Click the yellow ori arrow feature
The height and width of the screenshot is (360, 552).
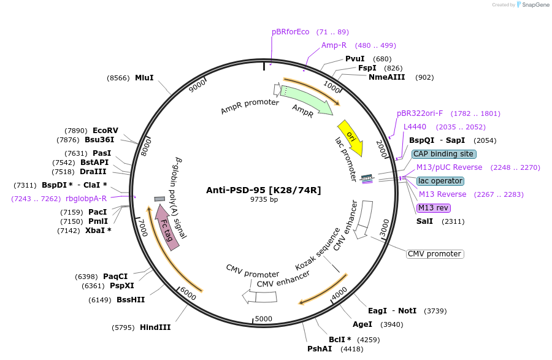pos(351,137)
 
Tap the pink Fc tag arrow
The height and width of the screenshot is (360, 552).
pos(167,227)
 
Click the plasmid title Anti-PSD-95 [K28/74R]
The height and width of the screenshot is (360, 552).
pos(263,190)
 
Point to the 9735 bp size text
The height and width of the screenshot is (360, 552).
pos(264,199)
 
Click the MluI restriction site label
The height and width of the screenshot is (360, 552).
pos(144,78)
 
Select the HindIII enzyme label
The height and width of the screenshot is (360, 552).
pos(155,327)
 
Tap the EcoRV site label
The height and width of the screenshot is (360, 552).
pos(105,130)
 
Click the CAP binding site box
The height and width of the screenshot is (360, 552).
pos(443,154)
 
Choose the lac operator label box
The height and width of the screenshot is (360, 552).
pos(440,181)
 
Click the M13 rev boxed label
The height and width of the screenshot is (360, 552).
pos(434,207)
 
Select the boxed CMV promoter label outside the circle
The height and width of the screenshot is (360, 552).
pos(435,254)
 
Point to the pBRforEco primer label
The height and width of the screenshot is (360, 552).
pos(291,32)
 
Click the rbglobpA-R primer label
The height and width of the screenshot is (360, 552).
pos(86,198)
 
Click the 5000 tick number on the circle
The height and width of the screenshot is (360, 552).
pos(264,318)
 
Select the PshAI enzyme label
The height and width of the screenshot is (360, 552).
pos(320,348)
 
